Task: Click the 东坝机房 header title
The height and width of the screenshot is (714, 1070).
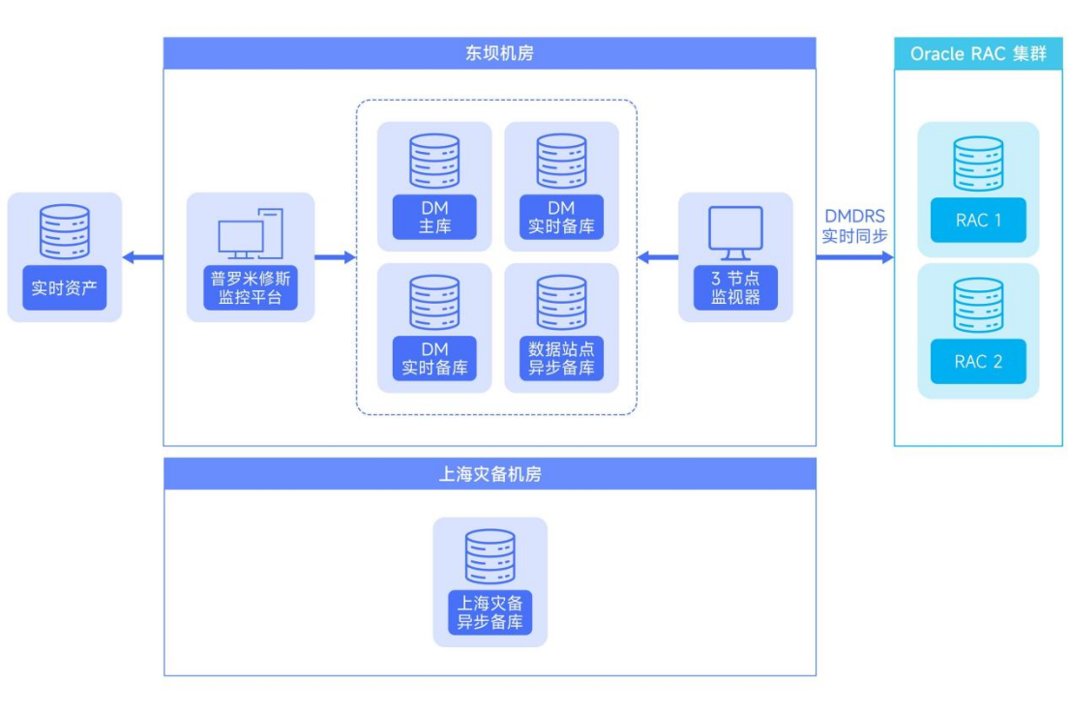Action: (489, 53)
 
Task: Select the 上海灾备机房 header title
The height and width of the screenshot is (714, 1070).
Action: (489, 474)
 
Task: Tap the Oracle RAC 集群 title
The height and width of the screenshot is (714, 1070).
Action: (978, 54)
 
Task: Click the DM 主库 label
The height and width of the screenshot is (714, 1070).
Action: (434, 218)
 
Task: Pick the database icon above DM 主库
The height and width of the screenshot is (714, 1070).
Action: (434, 161)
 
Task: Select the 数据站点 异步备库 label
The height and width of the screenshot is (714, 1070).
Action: (561, 359)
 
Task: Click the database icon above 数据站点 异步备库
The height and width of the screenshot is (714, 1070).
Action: (561, 302)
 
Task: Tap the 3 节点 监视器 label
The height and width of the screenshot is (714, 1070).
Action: (735, 288)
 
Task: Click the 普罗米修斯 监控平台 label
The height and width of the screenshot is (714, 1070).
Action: (251, 288)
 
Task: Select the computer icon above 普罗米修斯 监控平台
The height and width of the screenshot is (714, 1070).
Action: (251, 233)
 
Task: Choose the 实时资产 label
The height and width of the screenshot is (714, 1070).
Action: (64, 287)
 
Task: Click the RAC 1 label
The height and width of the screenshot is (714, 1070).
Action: (977, 221)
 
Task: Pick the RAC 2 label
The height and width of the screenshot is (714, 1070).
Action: (977, 362)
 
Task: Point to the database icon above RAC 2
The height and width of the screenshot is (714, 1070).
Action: (977, 305)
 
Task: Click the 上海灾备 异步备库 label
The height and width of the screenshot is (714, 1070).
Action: (490, 612)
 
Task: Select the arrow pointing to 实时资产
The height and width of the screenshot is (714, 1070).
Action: (142, 257)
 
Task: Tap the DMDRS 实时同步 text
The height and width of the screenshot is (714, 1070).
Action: (854, 224)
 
